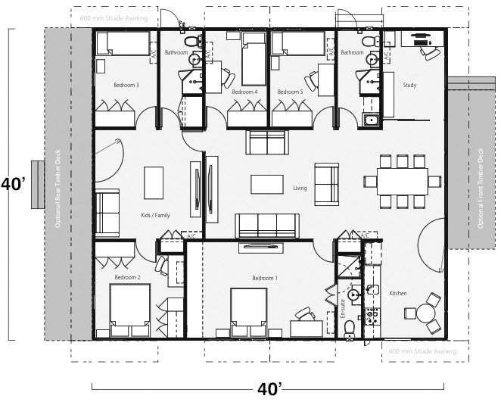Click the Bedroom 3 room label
tap(126, 85)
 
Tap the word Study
tap(410, 86)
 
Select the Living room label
tap(300, 188)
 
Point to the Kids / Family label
tap(156, 216)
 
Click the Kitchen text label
tap(398, 293)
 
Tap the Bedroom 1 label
tap(265, 279)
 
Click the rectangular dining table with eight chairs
tap(402, 181)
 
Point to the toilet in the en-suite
tap(349, 327)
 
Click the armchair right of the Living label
tap(326, 184)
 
